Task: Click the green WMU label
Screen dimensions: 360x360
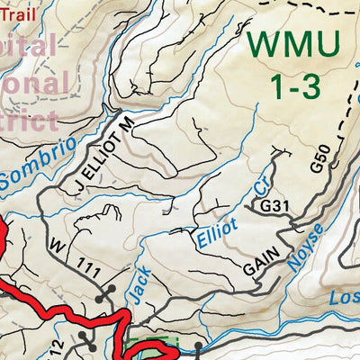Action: (293, 42)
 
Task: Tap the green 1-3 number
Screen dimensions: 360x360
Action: (294, 85)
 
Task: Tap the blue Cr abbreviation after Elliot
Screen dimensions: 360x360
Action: (262, 186)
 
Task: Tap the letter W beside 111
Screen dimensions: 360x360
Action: (58, 244)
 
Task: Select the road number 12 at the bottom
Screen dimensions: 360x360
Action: (55, 347)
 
